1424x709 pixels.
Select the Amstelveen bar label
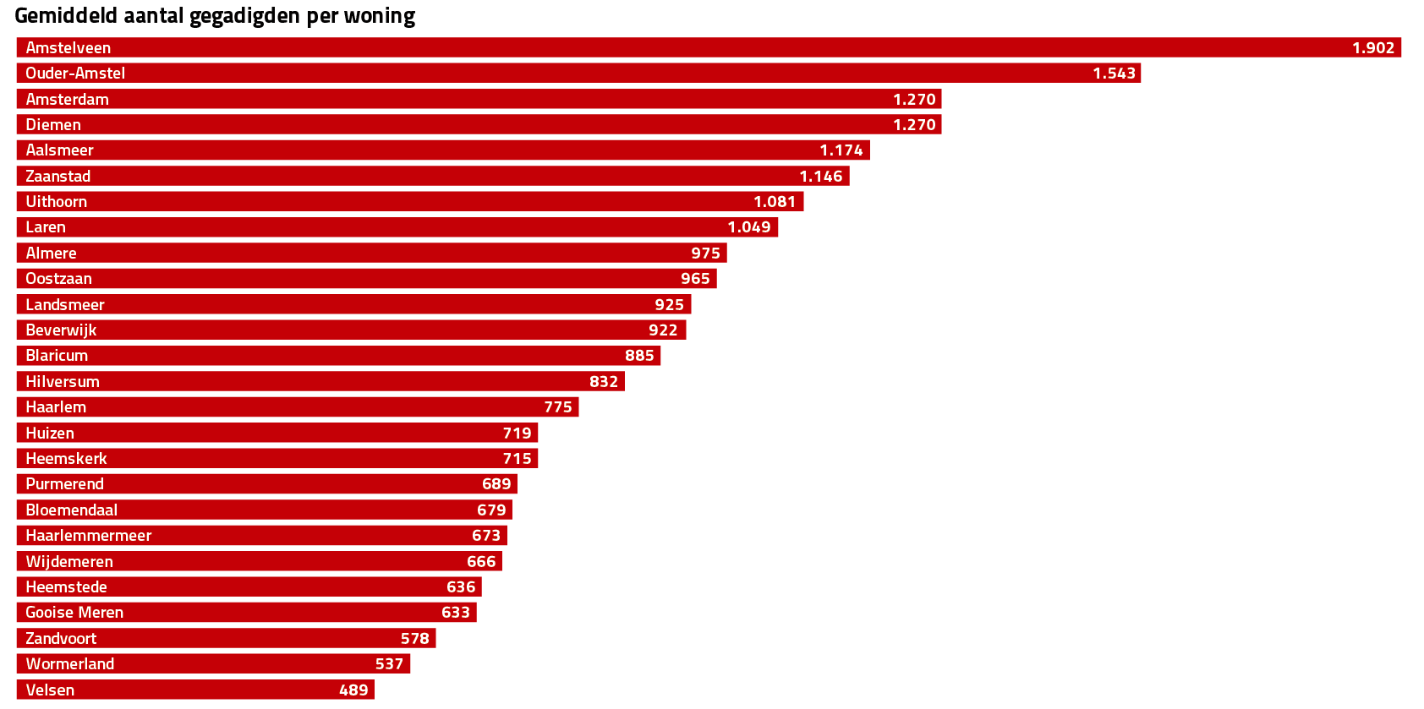68,48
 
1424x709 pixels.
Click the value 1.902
1372,48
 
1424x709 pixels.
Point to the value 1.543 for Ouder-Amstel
1114,74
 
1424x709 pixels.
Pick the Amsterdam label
67,100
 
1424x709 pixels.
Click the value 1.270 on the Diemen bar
914,125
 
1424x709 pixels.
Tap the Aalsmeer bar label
59,150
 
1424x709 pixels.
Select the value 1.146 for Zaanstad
820,177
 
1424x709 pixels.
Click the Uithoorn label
56,202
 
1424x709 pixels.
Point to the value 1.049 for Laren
749,227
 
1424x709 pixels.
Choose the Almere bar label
51,254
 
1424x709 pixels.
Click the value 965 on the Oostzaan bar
695,279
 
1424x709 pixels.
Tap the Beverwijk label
61,330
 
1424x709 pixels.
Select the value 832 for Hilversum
604,382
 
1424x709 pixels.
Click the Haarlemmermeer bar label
88,536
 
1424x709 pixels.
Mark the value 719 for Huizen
517,434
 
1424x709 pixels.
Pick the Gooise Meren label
74,613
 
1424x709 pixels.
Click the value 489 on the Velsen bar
353,690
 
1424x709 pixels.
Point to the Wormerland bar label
69,664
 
